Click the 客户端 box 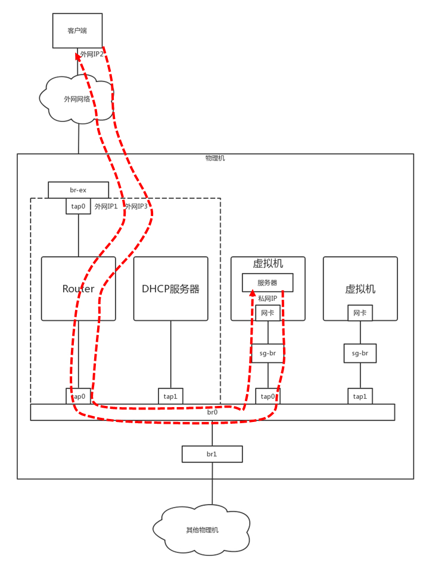[x=77, y=30]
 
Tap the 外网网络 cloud [x=77, y=99]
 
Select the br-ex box [x=78, y=190]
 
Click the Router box [x=78, y=289]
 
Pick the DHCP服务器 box [x=170, y=289]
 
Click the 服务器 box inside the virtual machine [x=268, y=283]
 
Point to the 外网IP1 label [x=106, y=207]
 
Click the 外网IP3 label [x=136, y=207]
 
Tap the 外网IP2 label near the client [x=92, y=54]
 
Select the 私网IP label [x=268, y=298]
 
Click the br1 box [x=212, y=454]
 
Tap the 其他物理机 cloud [x=202, y=530]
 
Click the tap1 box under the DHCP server [x=170, y=396]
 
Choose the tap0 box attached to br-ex [x=78, y=207]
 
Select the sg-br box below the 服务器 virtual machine [x=268, y=353]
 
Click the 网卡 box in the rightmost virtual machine [x=360, y=313]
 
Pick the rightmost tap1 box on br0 [x=360, y=396]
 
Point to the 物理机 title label [x=215, y=158]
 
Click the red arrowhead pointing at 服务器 [x=253, y=296]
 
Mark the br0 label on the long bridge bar [x=212, y=412]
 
